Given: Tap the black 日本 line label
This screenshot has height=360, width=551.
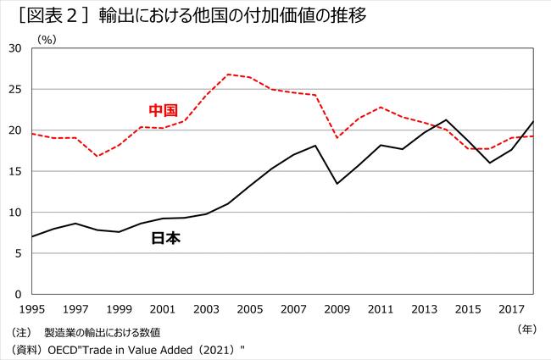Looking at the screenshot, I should (x=166, y=238).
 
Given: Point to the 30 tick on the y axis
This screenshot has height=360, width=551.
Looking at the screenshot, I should (x=14, y=48).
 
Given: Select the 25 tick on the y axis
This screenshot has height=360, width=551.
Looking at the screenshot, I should (x=14, y=89).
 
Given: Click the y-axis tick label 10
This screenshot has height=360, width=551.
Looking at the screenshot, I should (x=14, y=212).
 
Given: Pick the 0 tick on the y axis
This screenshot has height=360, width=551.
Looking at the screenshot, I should (x=18, y=294).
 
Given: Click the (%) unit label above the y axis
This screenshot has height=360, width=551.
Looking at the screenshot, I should (x=47, y=38).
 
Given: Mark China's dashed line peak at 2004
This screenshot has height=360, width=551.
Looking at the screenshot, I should (x=229, y=75).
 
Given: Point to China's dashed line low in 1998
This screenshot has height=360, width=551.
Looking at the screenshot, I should (x=97, y=156).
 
